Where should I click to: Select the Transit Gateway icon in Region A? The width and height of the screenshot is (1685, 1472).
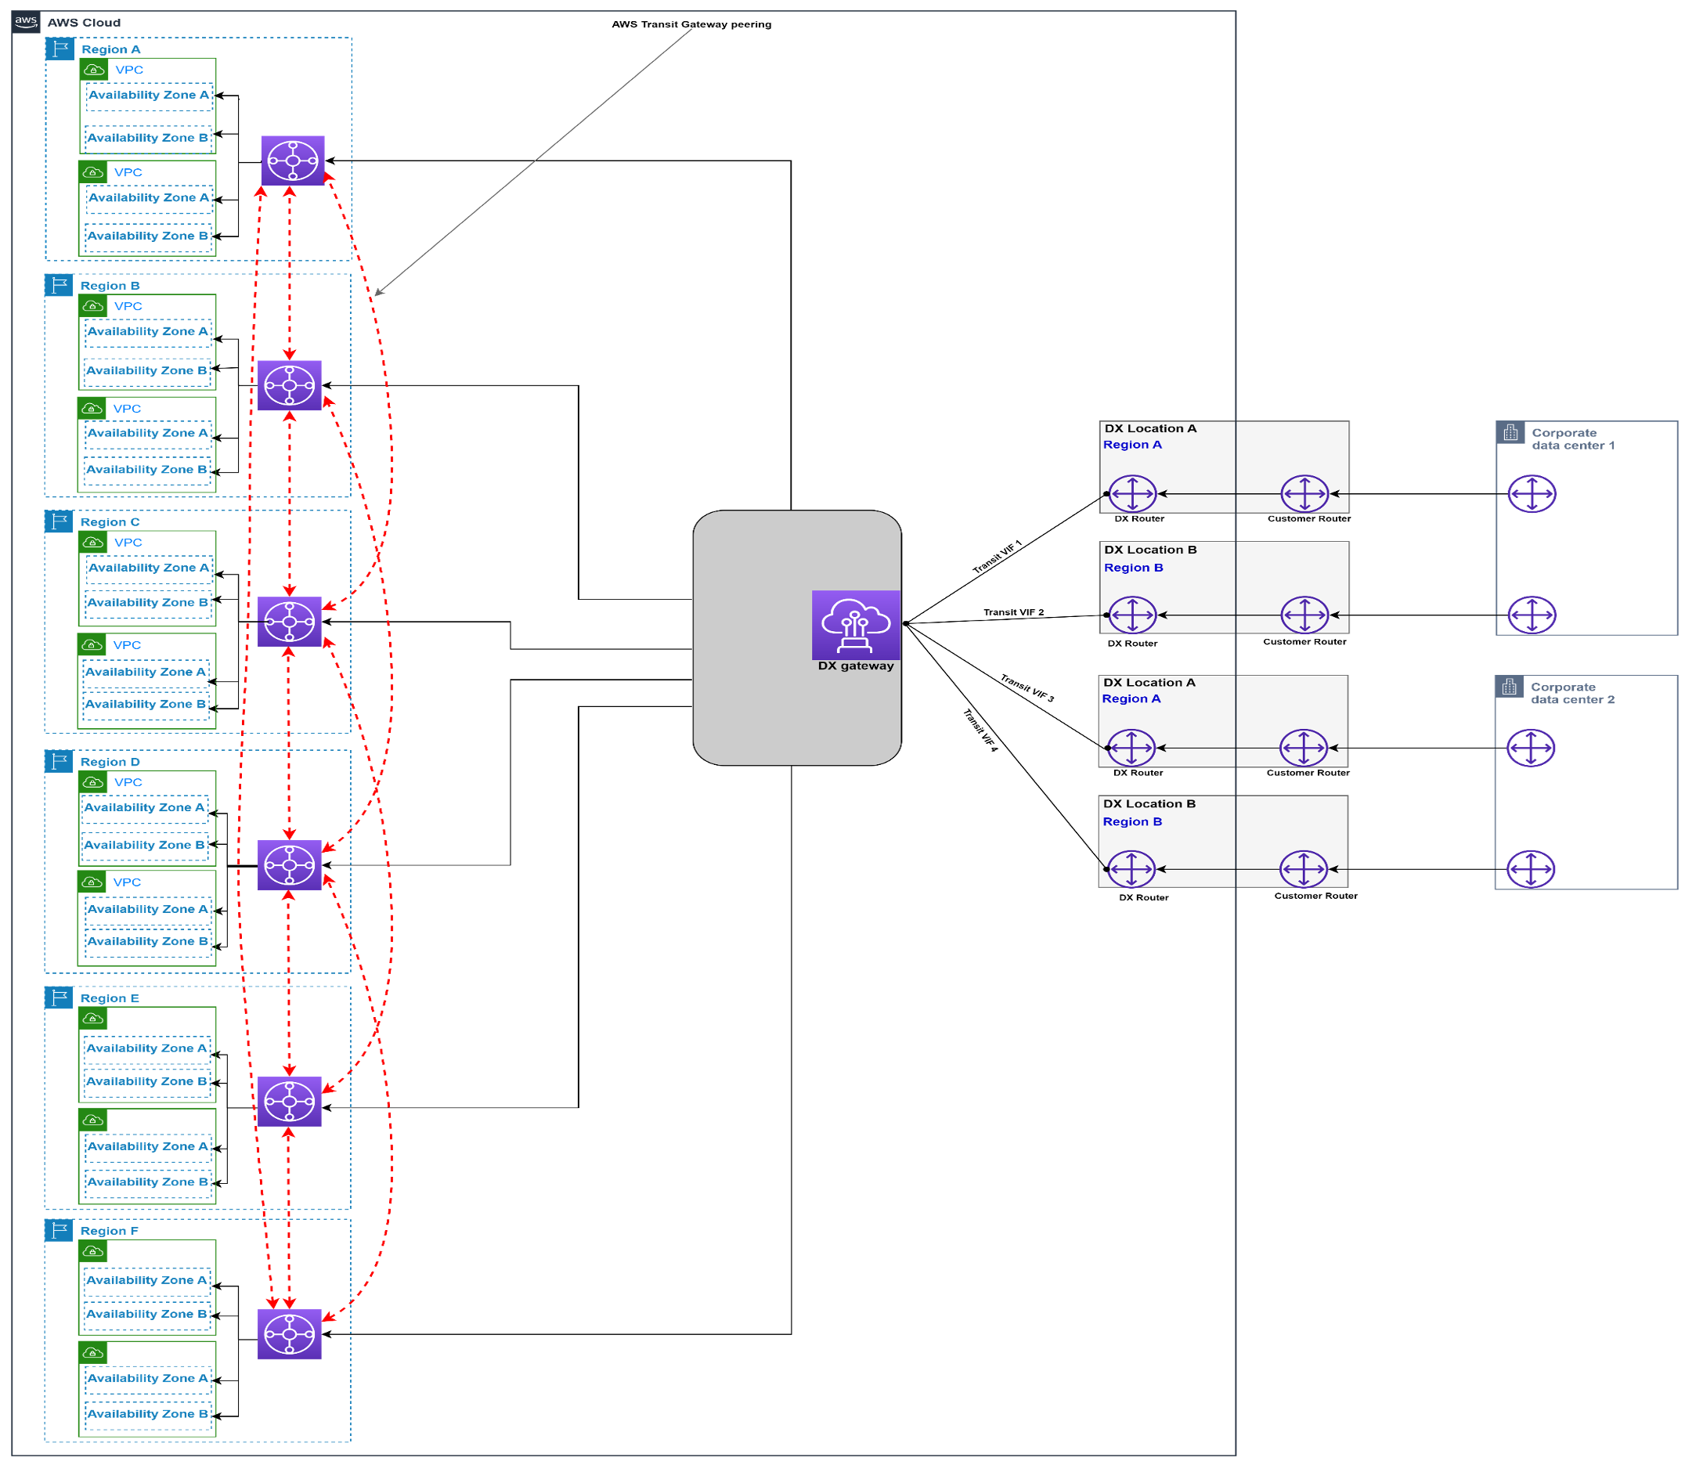click(293, 161)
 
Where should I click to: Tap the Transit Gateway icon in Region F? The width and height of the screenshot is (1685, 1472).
click(289, 1333)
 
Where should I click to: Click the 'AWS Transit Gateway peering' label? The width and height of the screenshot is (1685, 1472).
click(691, 23)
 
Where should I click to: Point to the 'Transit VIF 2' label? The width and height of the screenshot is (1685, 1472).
click(1013, 612)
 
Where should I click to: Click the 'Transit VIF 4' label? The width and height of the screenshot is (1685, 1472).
click(980, 731)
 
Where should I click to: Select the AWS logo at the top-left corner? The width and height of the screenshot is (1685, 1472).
click(26, 22)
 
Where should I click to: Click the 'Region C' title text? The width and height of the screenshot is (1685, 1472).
click(110, 521)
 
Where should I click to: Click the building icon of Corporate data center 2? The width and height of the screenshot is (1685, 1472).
click(1508, 687)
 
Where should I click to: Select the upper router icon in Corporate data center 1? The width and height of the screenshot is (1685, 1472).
click(1531, 494)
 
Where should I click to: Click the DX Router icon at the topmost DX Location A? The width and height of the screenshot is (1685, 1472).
click(1132, 494)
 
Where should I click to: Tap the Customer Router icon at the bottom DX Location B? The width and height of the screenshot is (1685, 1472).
click(1302, 869)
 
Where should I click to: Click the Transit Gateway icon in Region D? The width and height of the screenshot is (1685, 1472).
click(289, 864)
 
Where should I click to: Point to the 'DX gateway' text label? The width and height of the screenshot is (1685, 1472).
click(855, 666)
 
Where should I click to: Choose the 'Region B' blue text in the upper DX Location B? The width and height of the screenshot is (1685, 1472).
click(1133, 568)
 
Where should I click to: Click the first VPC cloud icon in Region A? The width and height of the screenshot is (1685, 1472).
click(95, 70)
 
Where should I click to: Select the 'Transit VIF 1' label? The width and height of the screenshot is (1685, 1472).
click(997, 557)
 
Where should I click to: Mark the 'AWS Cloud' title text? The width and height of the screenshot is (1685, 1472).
click(84, 23)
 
